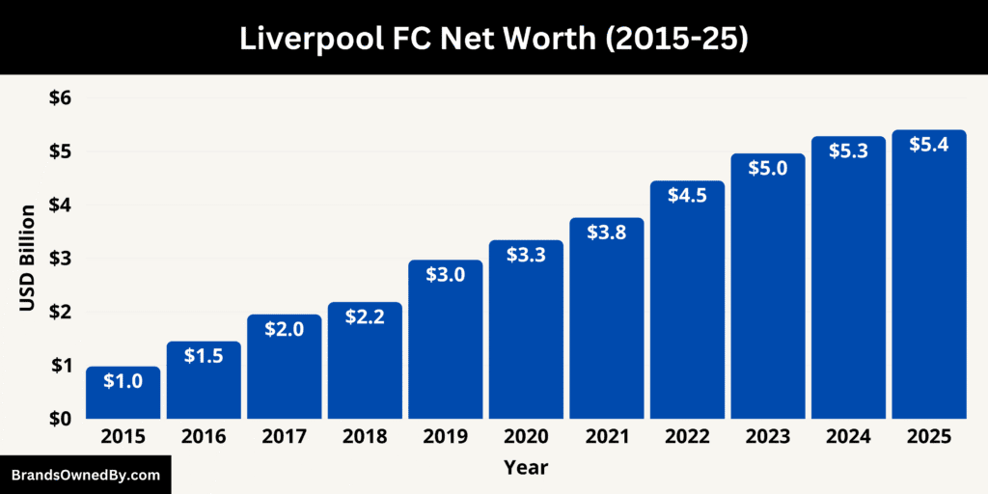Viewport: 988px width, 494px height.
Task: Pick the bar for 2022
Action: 687,300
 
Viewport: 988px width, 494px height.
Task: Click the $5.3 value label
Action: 848,152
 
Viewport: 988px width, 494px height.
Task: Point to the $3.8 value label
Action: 606,233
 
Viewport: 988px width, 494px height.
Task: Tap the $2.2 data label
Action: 365,317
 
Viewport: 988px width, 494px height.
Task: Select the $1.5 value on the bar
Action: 204,355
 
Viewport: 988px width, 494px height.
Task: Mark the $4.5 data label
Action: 687,196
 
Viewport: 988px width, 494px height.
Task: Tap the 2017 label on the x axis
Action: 284,437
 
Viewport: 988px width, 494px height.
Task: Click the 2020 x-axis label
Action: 526,437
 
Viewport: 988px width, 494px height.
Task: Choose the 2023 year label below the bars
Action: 767,437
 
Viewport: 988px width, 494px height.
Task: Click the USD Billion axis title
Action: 28,258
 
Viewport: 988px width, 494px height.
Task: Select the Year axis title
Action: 526,468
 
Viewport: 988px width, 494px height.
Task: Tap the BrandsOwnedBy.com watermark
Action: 85,475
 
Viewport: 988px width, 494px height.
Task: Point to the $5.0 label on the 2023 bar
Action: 767,169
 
